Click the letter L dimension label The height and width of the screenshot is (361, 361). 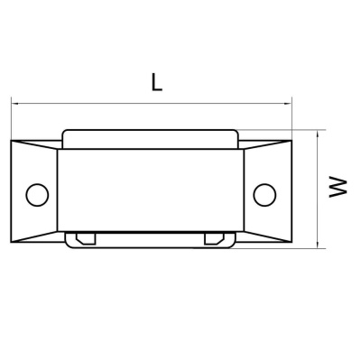pyautogui.click(x=156, y=82)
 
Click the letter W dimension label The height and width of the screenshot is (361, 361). pyautogui.click(x=338, y=187)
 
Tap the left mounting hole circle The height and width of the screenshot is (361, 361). pyautogui.click(x=37, y=195)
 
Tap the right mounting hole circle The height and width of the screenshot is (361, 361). pyautogui.click(x=264, y=195)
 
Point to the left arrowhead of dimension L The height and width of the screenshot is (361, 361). pyautogui.click(x=15, y=104)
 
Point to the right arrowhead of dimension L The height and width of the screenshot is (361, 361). pyautogui.click(x=288, y=104)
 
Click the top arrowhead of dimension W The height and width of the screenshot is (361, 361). pyautogui.click(x=318, y=134)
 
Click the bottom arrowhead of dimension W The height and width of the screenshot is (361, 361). pyautogui.click(x=318, y=245)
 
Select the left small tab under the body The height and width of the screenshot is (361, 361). pyautogui.click(x=86, y=238)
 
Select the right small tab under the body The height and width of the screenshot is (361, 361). pyautogui.click(x=214, y=238)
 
